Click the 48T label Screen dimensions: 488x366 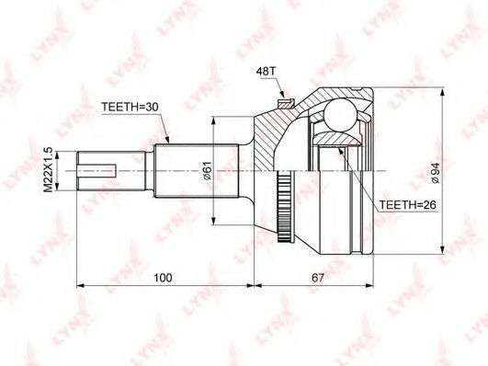click(266, 72)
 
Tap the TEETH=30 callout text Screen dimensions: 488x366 click(130, 107)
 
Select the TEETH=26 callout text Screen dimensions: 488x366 click(407, 205)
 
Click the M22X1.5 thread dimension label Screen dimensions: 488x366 click(48, 171)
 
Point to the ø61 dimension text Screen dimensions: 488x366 click(208, 171)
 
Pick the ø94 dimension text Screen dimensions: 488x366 click(436, 173)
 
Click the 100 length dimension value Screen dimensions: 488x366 click(163, 278)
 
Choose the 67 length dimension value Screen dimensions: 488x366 click(318, 278)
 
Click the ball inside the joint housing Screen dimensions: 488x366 click(339, 114)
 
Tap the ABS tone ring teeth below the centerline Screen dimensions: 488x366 click(284, 206)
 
